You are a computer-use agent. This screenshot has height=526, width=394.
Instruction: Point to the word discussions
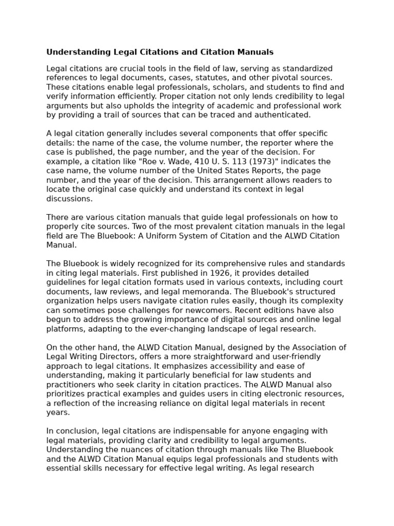coord(69,198)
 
